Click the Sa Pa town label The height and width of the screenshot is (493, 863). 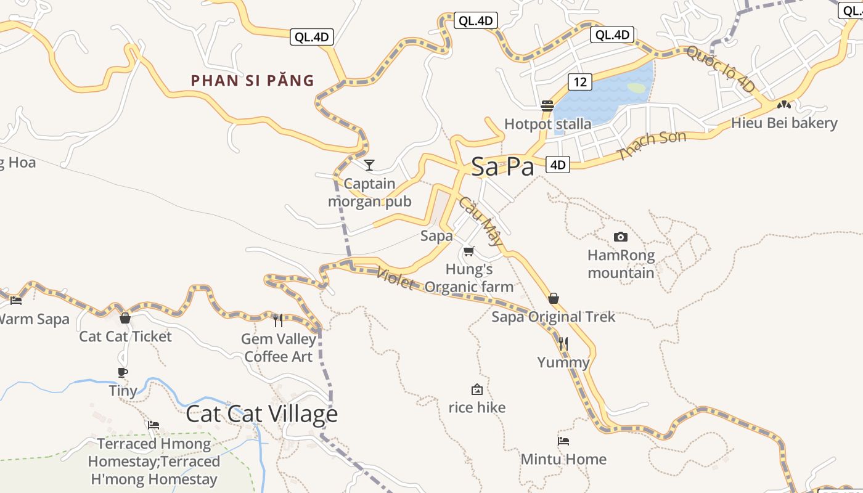coord(502,166)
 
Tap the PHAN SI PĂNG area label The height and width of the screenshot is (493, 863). coord(253,80)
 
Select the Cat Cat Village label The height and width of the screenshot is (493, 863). coord(262,414)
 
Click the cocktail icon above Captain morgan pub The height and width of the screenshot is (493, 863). coord(369,165)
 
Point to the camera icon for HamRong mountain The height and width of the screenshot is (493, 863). coord(621,237)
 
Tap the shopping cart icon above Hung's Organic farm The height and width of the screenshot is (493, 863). coord(469,251)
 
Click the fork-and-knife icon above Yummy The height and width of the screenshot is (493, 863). coord(563,343)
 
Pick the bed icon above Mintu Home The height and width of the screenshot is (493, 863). coord(563,441)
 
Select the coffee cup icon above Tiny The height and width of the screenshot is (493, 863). coord(123,372)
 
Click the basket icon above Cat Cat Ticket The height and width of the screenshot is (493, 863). coord(125,318)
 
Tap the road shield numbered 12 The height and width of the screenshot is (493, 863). coord(580,81)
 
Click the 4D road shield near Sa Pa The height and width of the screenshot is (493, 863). coord(558,165)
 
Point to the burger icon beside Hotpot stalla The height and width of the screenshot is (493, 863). coord(547,106)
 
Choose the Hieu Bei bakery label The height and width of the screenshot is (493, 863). coord(784,123)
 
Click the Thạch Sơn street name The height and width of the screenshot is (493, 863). coord(652,145)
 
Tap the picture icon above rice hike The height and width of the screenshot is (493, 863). coord(476,389)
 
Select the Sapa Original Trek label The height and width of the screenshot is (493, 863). coord(553,317)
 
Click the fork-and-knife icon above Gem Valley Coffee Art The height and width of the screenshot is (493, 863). coord(278,320)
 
